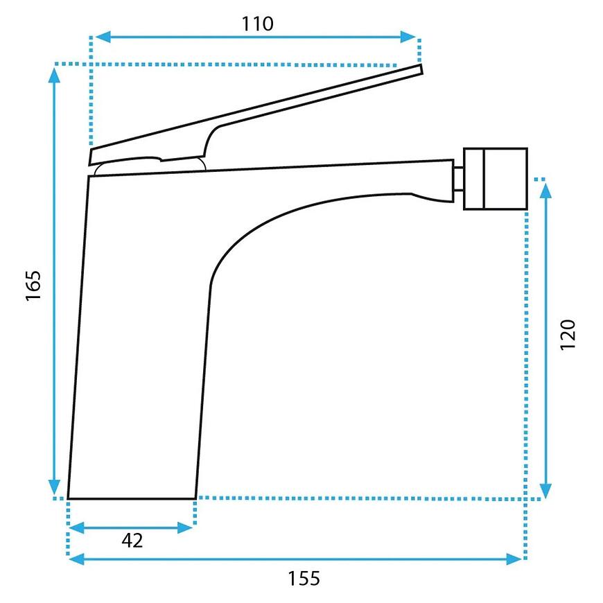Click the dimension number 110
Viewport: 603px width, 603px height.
click(257, 24)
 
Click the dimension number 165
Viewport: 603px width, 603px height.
click(33, 286)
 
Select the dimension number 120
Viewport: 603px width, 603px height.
click(568, 334)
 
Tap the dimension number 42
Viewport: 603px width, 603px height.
click(132, 541)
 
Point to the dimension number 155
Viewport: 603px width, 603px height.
click(304, 578)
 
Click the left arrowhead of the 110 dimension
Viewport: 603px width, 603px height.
click(103, 37)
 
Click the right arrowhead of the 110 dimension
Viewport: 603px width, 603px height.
click(408, 37)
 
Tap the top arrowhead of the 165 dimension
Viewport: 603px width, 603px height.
click(54, 75)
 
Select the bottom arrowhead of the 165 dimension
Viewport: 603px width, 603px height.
click(54, 487)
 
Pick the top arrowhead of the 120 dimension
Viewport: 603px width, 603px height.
click(545, 191)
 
